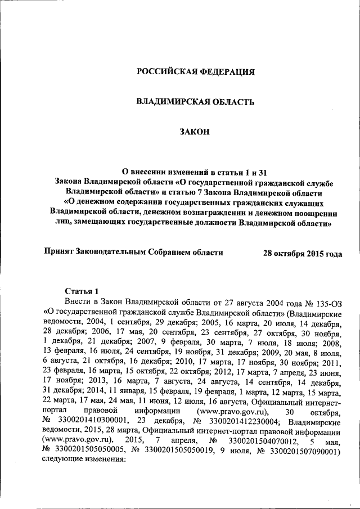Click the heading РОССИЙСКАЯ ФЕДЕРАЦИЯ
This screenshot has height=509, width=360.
point(196,72)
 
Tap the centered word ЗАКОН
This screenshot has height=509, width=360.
point(195,132)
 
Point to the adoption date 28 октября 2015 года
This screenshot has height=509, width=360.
point(302,253)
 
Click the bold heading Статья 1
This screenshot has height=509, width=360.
point(81,291)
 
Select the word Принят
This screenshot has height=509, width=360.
point(58,253)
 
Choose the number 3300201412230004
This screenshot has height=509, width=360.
point(237,420)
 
